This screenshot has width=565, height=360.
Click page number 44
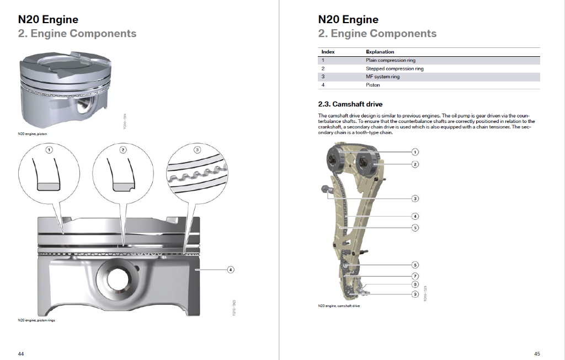pyautogui.click(x=20, y=353)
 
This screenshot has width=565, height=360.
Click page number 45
pyautogui.click(x=537, y=353)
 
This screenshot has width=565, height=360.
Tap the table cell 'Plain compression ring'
pyautogui.click(x=391, y=60)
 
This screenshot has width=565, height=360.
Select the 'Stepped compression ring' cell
pyautogui.click(x=395, y=69)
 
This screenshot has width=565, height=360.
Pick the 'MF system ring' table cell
pyautogui.click(x=382, y=77)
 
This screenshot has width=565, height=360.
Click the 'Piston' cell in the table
pyautogui.click(x=373, y=85)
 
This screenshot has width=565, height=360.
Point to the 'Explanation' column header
pyautogui.click(x=380, y=52)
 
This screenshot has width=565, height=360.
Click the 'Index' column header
pyautogui.click(x=328, y=52)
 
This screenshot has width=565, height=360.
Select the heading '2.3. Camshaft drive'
pyautogui.click(x=350, y=104)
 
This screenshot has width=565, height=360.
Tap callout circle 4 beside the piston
pyautogui.click(x=231, y=270)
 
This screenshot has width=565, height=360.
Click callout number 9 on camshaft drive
pyautogui.click(x=415, y=294)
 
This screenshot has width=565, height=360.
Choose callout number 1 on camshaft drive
pyautogui.click(x=415, y=152)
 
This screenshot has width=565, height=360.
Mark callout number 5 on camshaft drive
pyautogui.click(x=415, y=227)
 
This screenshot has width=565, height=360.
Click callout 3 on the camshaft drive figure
pyautogui.click(x=415, y=198)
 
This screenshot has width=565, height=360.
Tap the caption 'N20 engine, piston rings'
pyautogui.click(x=36, y=320)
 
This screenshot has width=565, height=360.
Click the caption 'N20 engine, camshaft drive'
pyautogui.click(x=339, y=306)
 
